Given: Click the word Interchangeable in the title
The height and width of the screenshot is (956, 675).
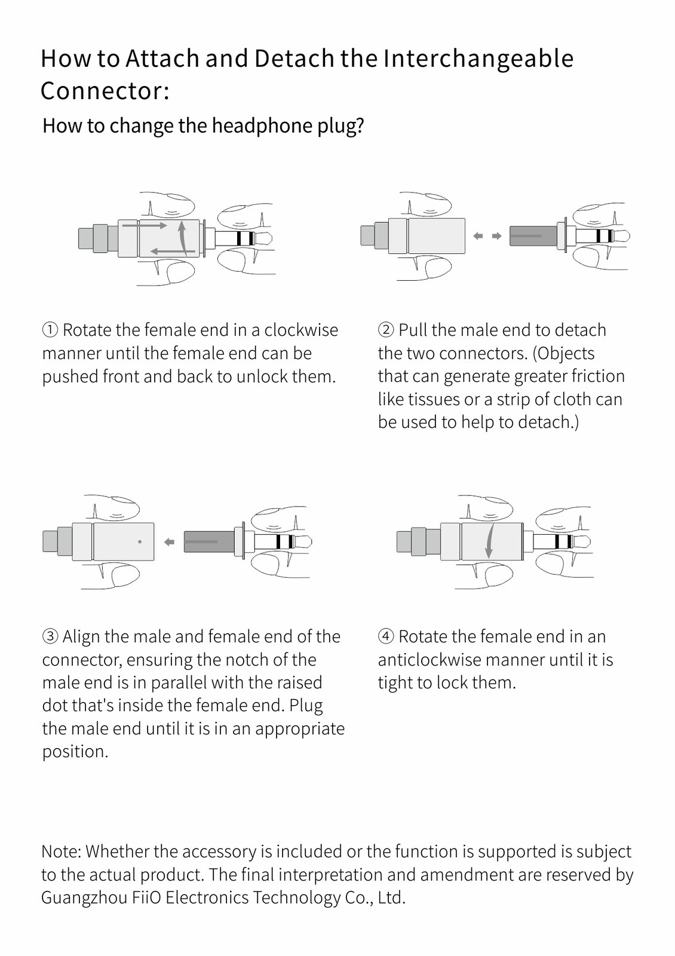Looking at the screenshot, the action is pos(478,59).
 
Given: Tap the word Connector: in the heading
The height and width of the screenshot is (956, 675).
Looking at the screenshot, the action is pos(105,90).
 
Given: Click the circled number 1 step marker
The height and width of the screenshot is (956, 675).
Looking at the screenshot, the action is pos(50,330).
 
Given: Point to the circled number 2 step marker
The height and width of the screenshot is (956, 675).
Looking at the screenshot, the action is pos(386,330).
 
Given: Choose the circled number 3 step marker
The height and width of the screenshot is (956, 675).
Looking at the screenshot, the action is pos(50,636).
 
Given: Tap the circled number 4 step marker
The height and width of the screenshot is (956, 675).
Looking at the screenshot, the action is pos(386,636).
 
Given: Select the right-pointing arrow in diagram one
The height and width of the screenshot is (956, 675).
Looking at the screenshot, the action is pos(144,225).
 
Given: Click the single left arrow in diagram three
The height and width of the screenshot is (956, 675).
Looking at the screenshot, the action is pos(170,542).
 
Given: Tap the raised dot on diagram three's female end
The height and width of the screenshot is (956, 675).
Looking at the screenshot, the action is pos(140,542).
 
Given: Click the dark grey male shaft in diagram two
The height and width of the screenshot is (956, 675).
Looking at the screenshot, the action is pos(533,235).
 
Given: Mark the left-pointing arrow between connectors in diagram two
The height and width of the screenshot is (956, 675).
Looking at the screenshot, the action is pos(478,235).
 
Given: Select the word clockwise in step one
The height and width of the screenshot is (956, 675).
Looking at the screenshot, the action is pos(301,330).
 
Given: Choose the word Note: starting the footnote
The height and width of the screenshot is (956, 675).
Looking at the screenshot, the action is pos(61,851).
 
